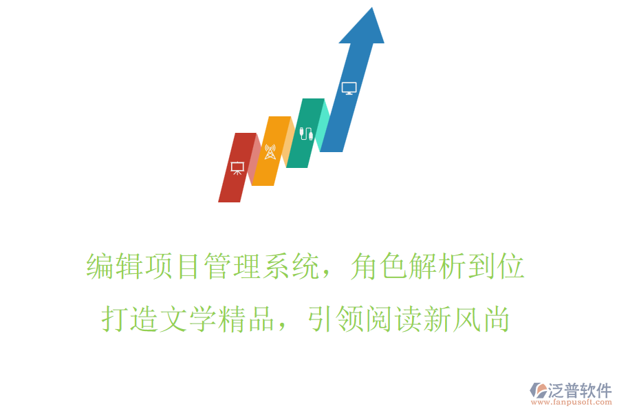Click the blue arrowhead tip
[x=372, y=10]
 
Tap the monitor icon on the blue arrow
[x=349, y=88]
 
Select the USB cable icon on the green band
[x=306, y=131]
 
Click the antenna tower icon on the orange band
[x=270, y=151]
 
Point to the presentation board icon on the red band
[x=237, y=167]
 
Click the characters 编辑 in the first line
[x=115, y=266]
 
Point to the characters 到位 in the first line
[x=497, y=266]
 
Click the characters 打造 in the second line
[x=130, y=319]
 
